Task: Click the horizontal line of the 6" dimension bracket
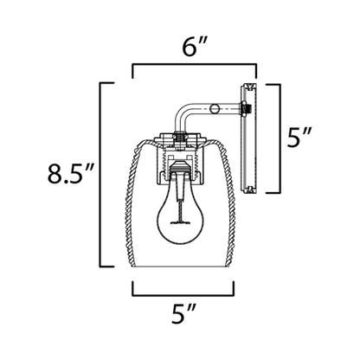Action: [x=194, y=64]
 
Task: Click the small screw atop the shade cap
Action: [x=180, y=136]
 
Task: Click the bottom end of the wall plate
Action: [x=248, y=188]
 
